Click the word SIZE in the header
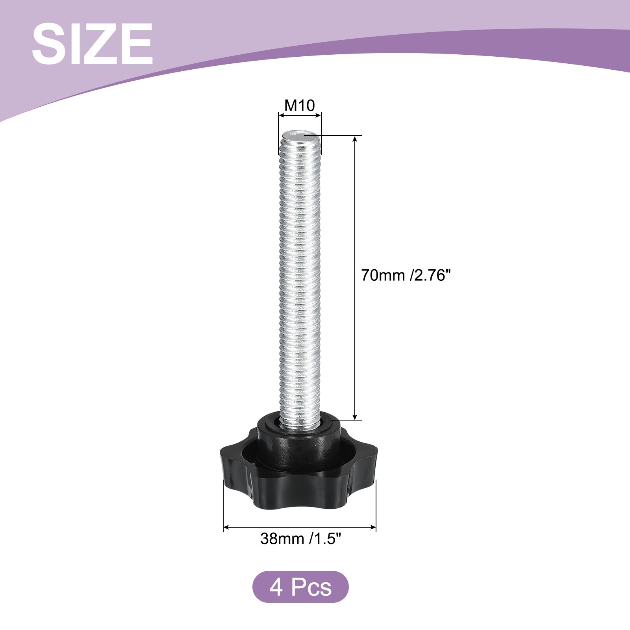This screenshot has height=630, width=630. coord(92,43)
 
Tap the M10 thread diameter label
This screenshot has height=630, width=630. coord(300,106)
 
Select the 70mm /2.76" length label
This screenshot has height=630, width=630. coord(405,275)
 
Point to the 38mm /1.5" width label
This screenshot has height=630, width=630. coord(300,538)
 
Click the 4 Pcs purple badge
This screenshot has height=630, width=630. coord(300,587)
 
